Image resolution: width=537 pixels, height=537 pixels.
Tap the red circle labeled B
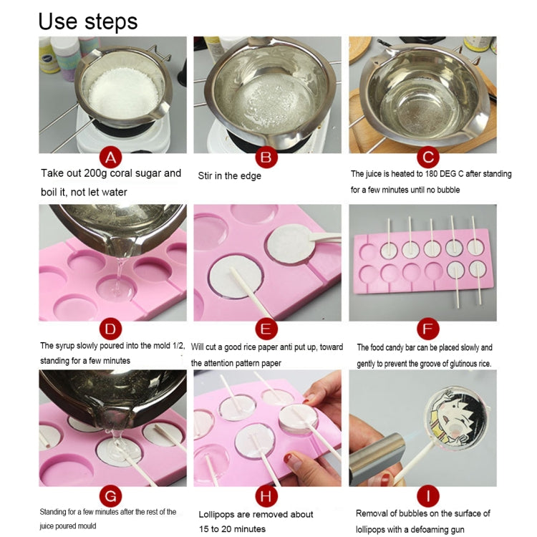(x=266, y=157)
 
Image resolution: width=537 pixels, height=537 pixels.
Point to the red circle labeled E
(x=266, y=329)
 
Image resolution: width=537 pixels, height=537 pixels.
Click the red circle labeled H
(x=266, y=493)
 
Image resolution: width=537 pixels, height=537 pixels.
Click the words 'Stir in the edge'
(x=229, y=175)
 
